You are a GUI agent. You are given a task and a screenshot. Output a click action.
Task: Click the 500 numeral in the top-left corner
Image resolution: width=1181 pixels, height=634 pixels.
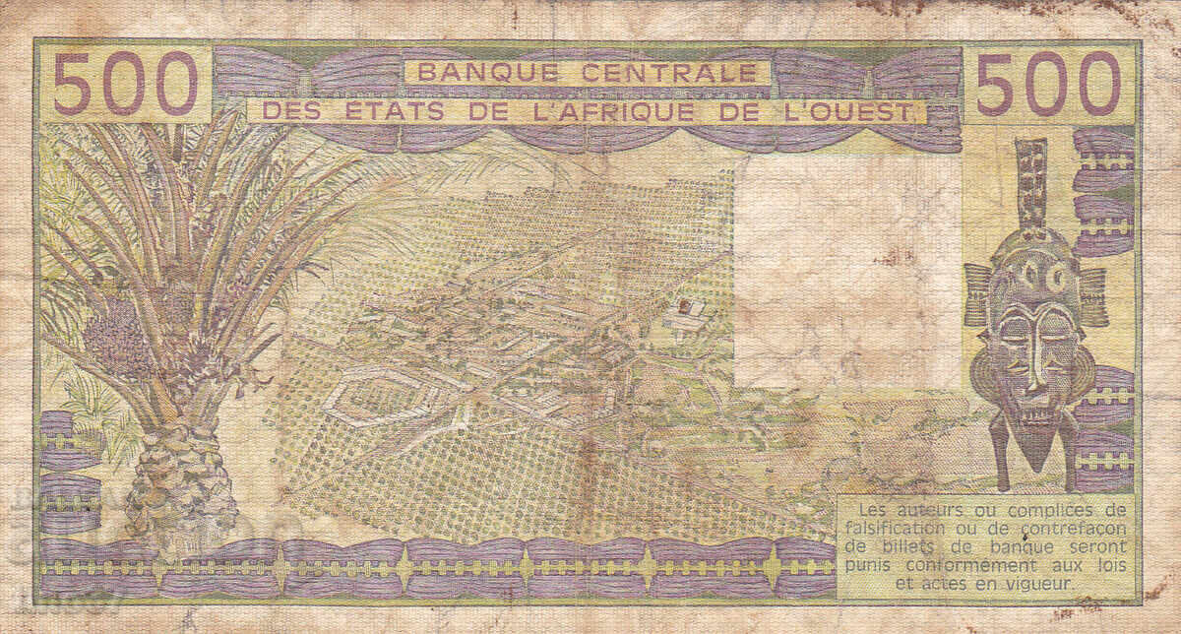(x=125, y=84)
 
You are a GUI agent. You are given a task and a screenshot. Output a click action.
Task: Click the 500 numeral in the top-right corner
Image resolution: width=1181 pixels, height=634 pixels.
(x=1048, y=84)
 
